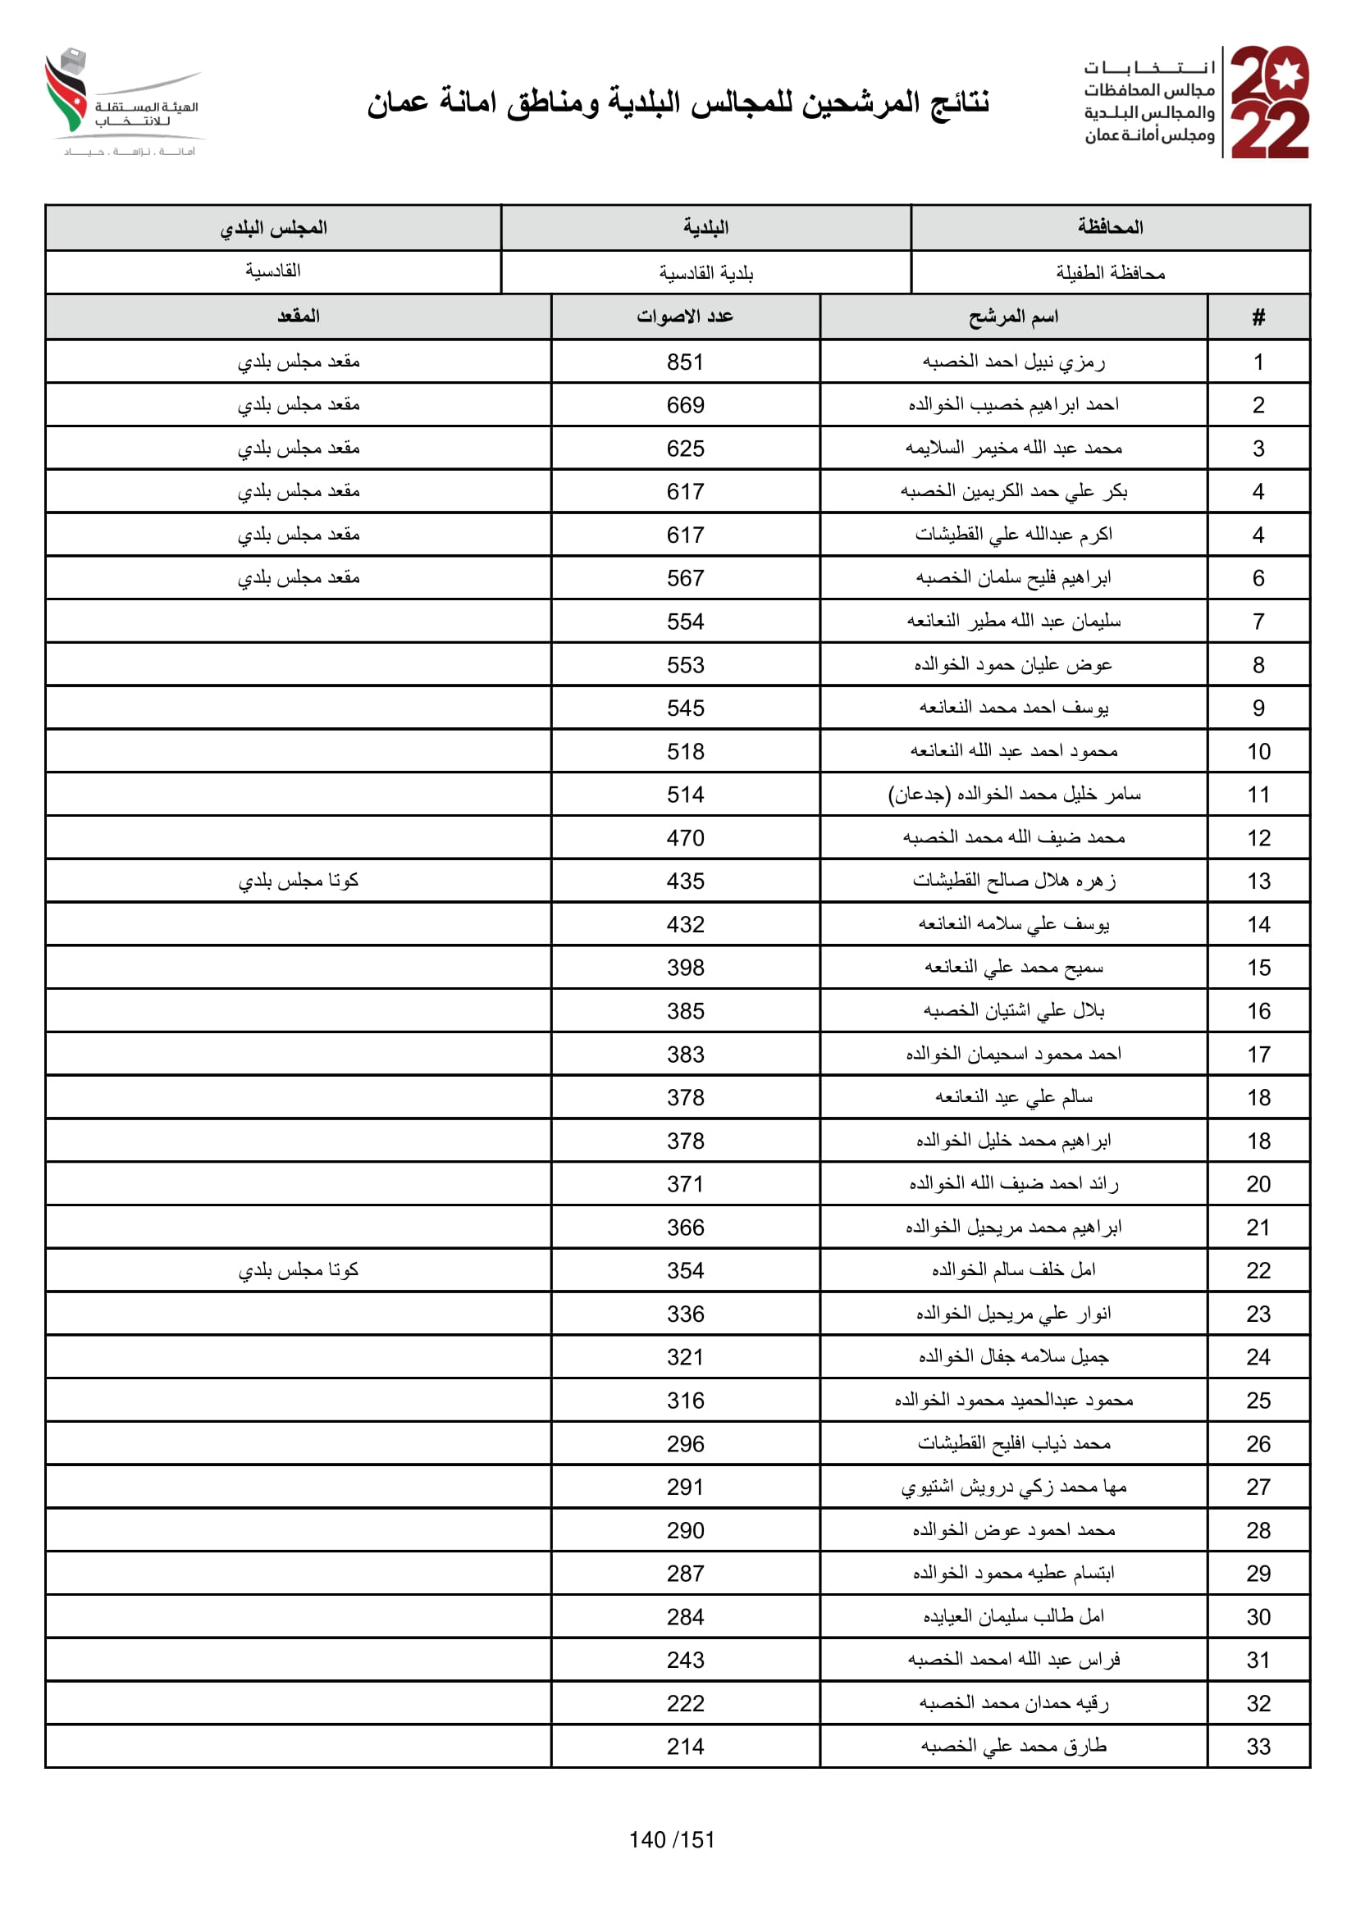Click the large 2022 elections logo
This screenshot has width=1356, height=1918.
coord(1268,102)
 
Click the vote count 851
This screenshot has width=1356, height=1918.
coord(684,362)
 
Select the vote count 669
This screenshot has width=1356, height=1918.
coord(684,405)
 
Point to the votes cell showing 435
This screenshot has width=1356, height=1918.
coord(684,882)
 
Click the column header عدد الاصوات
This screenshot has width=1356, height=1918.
coord(684,317)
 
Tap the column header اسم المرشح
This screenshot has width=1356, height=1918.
coord(1012,317)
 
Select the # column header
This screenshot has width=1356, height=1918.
coord(1258,317)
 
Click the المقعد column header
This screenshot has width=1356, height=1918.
coord(299,317)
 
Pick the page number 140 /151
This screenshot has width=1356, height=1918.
coord(672,1839)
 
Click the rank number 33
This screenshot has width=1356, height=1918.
coord(1258,1747)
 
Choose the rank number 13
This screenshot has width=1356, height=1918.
coord(1258,882)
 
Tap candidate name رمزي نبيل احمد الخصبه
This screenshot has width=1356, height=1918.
coord(1012,362)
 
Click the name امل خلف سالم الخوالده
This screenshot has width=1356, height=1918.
coord(1012,1270)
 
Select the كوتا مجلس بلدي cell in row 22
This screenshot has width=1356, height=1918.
coord(299,1270)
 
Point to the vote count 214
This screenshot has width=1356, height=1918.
coord(684,1747)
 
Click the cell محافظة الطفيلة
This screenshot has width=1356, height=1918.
coord(1110,272)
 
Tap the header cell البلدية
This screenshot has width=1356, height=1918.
coord(705,227)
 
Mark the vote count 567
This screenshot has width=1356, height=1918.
coord(684,578)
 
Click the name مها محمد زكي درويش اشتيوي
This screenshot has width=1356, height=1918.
coord(1012,1487)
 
